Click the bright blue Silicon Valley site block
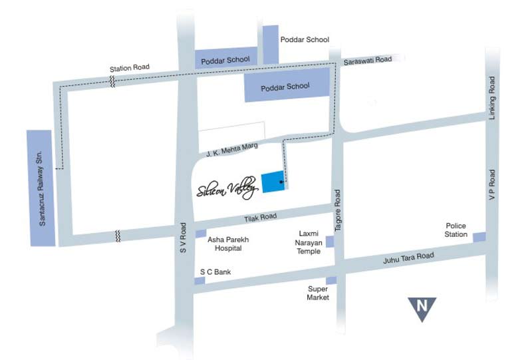click(x=273, y=182)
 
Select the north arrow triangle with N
click(x=422, y=308)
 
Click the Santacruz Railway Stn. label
click(x=42, y=187)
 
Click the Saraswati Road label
click(x=367, y=61)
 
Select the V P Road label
click(x=492, y=186)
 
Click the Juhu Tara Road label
click(x=408, y=256)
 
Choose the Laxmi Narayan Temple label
click(x=307, y=243)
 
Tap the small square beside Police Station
click(x=479, y=238)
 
